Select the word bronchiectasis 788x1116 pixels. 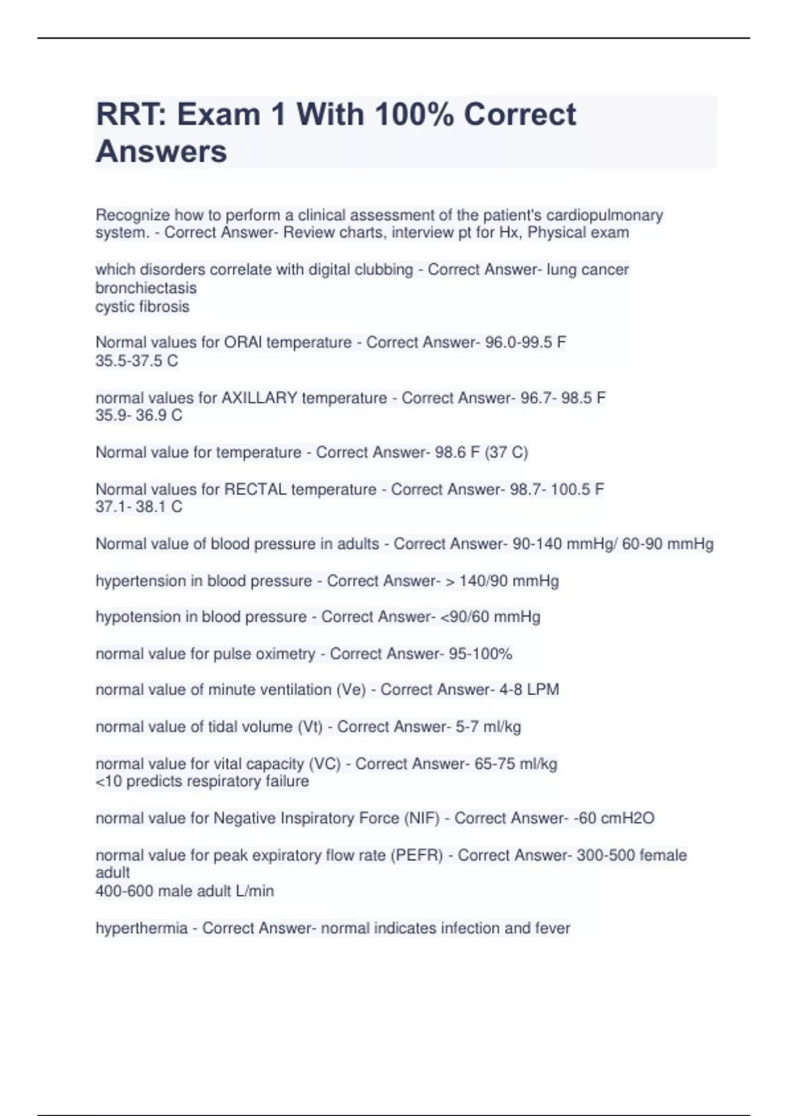click(x=146, y=288)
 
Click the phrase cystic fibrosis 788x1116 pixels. click(x=142, y=307)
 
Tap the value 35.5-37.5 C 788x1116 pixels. click(x=137, y=360)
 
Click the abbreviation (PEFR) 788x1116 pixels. click(x=417, y=855)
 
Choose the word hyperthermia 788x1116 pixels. click(x=141, y=928)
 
